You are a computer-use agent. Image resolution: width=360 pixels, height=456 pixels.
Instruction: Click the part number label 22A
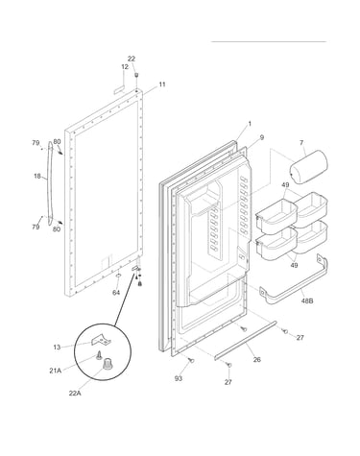click(x=75, y=394)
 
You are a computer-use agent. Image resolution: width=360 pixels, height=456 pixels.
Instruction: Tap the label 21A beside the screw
click(x=55, y=371)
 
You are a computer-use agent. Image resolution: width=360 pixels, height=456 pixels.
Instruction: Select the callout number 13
click(x=57, y=347)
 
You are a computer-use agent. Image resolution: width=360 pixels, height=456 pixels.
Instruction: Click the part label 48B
click(x=307, y=300)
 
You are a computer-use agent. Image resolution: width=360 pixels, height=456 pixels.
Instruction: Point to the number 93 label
click(x=179, y=378)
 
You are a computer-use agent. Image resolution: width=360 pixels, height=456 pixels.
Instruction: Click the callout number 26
click(x=256, y=359)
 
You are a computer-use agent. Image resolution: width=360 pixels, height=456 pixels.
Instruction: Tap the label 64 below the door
click(x=116, y=293)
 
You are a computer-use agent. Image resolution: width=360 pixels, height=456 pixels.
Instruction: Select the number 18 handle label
click(x=37, y=176)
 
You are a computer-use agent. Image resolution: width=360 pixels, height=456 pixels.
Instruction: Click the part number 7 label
click(x=301, y=143)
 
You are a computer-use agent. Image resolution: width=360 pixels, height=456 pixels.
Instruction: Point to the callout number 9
click(x=262, y=137)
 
